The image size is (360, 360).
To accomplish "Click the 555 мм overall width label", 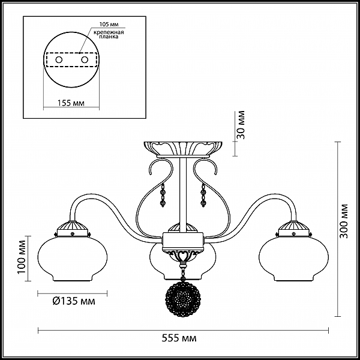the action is click(179, 338).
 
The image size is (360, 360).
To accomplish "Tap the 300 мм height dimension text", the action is click(343, 221).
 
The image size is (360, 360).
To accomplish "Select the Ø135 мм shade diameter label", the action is click(74, 301).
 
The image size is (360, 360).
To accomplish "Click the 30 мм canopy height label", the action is click(241, 125).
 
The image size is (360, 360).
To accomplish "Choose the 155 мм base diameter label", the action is click(71, 103).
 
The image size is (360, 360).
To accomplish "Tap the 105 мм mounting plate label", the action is click(109, 25).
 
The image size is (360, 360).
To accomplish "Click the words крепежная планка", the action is click(109, 34).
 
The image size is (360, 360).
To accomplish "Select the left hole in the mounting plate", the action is click(59, 60).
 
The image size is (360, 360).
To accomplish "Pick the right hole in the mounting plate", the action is click(85, 60).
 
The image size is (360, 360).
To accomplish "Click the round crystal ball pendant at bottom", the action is click(183, 300).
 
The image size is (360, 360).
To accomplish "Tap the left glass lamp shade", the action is click(73, 259).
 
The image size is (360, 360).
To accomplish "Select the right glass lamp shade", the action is click(293, 259).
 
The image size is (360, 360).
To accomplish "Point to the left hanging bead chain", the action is click(163, 194).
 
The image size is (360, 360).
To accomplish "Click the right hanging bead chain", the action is click(203, 194).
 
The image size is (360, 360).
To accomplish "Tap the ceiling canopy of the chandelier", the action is click(183, 149).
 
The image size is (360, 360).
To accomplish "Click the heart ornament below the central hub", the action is click(183, 255).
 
